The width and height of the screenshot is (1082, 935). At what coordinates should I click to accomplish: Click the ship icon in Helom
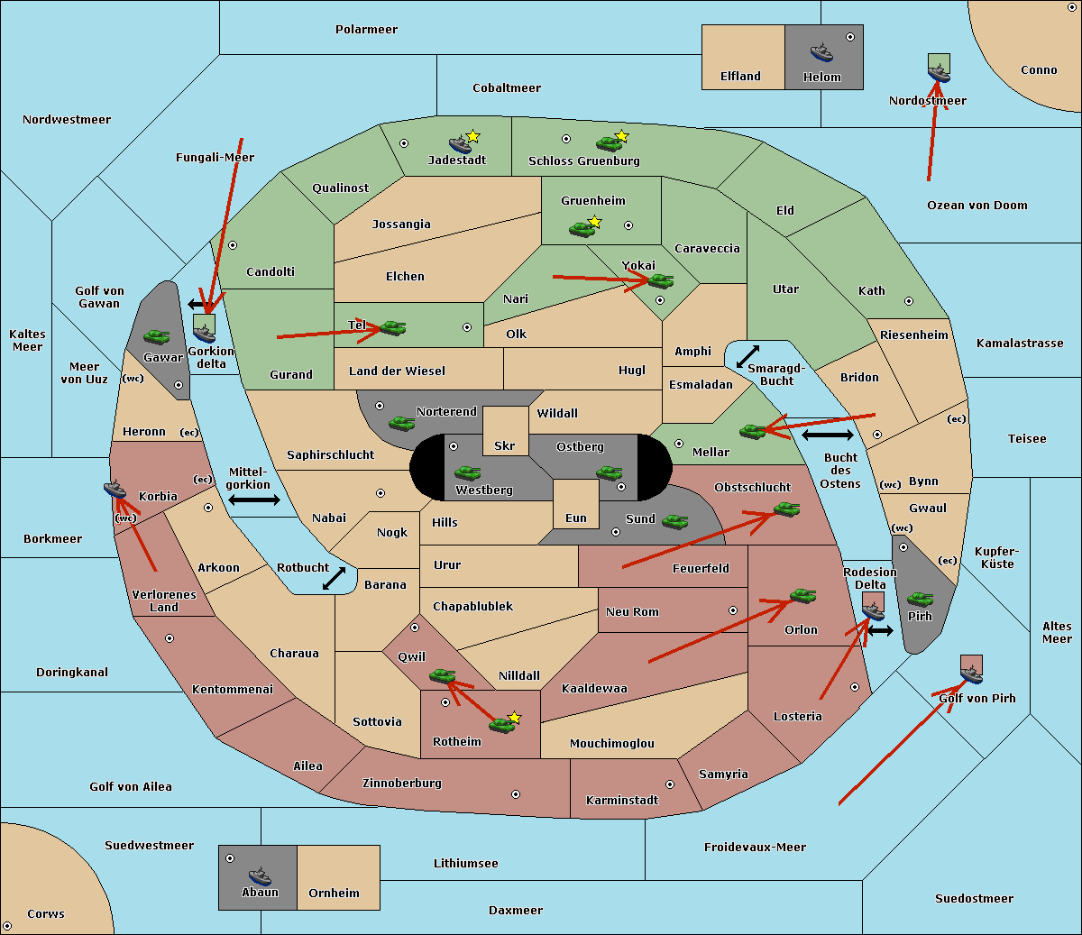(x=821, y=51)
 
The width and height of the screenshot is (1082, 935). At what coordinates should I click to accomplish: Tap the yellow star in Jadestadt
(x=473, y=136)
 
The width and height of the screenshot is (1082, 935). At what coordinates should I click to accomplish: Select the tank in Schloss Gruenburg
(x=609, y=143)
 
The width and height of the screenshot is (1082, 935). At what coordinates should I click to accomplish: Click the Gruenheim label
(x=592, y=201)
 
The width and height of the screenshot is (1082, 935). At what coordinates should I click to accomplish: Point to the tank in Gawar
(x=157, y=336)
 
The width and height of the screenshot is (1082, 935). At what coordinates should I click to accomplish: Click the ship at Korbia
(x=115, y=490)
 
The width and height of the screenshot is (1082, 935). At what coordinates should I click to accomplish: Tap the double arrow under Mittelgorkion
(x=254, y=500)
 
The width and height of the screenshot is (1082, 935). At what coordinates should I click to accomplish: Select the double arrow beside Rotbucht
(x=335, y=578)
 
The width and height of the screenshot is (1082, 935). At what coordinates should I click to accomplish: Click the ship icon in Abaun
(x=260, y=875)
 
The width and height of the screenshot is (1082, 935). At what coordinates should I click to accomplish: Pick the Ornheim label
(x=334, y=894)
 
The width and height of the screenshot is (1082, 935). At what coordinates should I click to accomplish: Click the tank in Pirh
(x=920, y=600)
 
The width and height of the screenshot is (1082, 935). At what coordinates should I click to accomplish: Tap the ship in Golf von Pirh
(x=971, y=672)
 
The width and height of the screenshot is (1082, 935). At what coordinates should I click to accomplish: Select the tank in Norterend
(x=401, y=423)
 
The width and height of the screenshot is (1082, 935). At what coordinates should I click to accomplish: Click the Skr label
(x=505, y=446)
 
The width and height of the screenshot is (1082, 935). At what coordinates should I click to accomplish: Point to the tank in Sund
(x=674, y=521)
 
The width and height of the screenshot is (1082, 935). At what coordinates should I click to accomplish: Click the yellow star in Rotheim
(x=515, y=718)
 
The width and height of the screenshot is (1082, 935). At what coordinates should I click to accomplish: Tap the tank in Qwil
(x=442, y=675)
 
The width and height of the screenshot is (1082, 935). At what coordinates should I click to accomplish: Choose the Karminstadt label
(x=622, y=801)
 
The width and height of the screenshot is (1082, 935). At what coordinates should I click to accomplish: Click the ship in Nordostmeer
(x=939, y=71)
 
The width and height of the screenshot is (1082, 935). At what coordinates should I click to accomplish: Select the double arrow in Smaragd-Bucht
(x=748, y=357)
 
